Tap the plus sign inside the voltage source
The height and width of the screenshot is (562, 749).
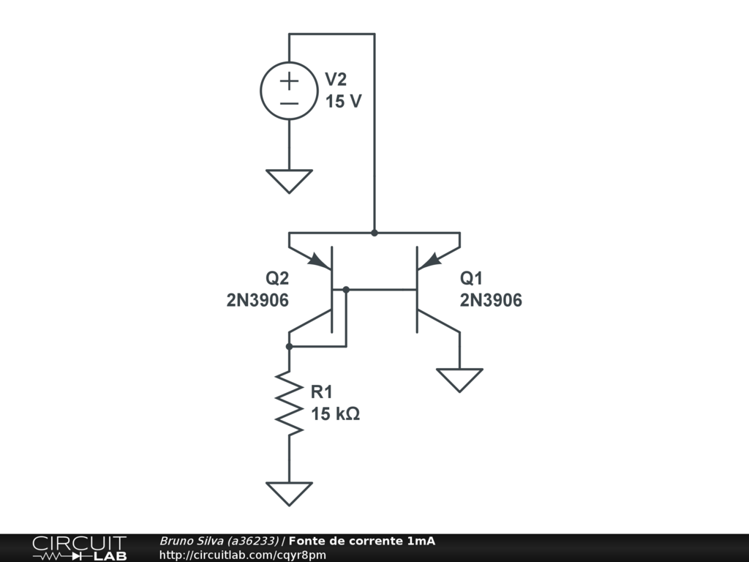pyautogui.click(x=289, y=80)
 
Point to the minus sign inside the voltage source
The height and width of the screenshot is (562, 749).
pyautogui.click(x=289, y=103)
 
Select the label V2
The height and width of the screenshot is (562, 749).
pyautogui.click(x=336, y=80)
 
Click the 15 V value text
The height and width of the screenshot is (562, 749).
pyautogui.click(x=343, y=101)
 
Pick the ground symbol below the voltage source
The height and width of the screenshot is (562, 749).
pyautogui.click(x=289, y=180)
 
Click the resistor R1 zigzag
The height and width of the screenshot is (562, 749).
pyautogui.click(x=289, y=404)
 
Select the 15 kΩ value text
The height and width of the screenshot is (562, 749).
pyautogui.click(x=335, y=414)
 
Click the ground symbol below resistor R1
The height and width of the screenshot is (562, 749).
pyautogui.click(x=289, y=492)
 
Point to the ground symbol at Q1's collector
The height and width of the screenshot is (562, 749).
pyautogui.click(x=459, y=379)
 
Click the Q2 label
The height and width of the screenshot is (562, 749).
pyautogui.click(x=277, y=279)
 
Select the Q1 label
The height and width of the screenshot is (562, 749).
pyautogui.click(x=472, y=279)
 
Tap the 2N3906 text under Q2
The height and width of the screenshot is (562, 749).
pyautogui.click(x=257, y=300)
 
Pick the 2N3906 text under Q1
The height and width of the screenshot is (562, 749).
pyautogui.click(x=491, y=300)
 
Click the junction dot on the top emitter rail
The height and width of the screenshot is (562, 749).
pyautogui.click(x=374, y=233)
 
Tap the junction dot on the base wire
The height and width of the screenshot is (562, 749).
pyautogui.click(x=346, y=290)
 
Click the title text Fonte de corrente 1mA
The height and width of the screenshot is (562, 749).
pyautogui.click(x=361, y=542)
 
